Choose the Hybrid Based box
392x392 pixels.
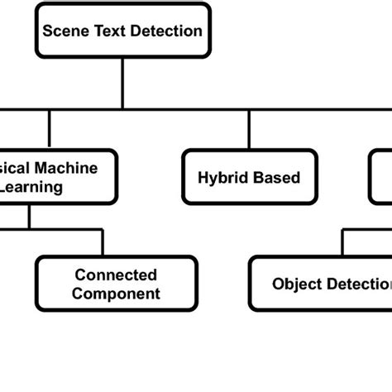point(248,177)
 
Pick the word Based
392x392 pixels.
point(276,177)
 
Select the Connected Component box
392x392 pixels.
point(117,284)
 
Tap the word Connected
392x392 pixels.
point(117,275)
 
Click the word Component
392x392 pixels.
point(117,294)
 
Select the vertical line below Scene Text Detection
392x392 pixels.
point(122,83)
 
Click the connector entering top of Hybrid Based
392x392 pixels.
point(248,131)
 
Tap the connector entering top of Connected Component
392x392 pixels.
point(103,242)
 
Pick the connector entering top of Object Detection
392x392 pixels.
point(341,242)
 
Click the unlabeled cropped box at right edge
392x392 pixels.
point(381,177)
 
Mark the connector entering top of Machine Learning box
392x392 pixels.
point(50,129)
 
